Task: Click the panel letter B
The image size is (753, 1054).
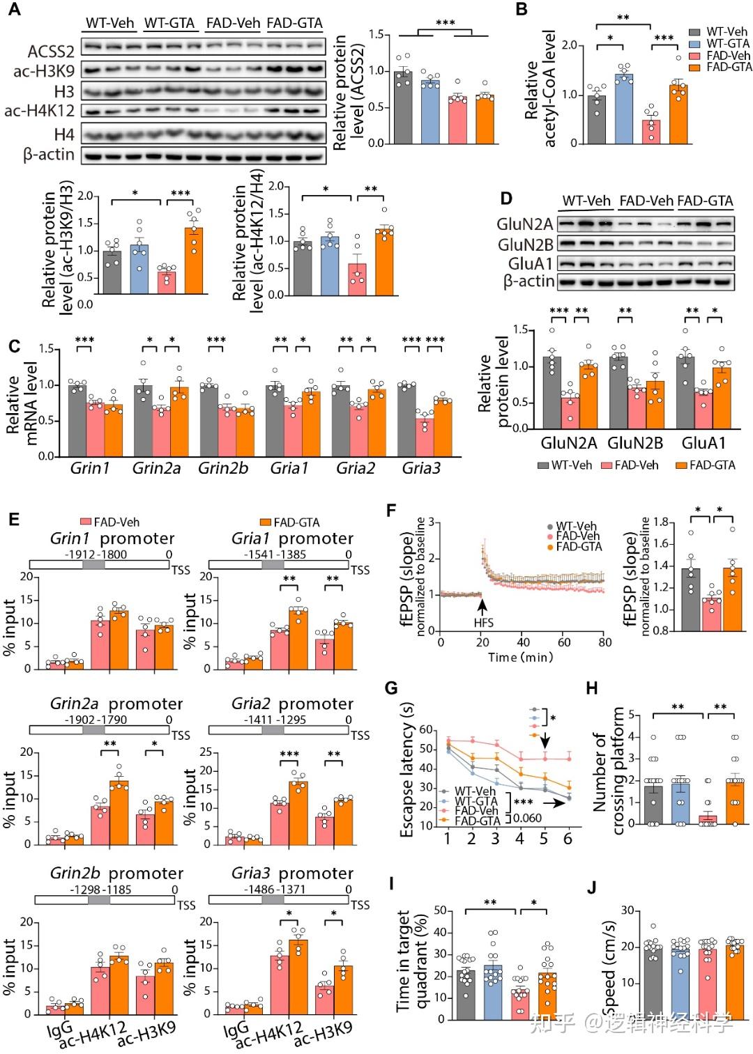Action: point(521,10)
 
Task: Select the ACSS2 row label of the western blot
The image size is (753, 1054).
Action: point(51,51)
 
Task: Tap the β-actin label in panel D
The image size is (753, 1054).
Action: point(528,281)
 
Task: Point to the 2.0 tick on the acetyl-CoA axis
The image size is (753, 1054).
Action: point(570,45)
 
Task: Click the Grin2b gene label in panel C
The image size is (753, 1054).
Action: point(223,468)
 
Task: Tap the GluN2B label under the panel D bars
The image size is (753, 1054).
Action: point(634,443)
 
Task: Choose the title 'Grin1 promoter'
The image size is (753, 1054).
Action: point(112,538)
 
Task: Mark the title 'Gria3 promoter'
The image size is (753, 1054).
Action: point(292,874)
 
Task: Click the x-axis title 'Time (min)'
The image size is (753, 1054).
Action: point(520,657)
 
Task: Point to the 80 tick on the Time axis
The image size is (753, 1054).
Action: point(604,642)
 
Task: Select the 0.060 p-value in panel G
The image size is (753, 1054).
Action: point(527,818)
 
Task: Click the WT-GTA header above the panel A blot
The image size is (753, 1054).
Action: point(169,23)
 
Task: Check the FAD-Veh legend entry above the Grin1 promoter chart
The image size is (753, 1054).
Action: point(111,522)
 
